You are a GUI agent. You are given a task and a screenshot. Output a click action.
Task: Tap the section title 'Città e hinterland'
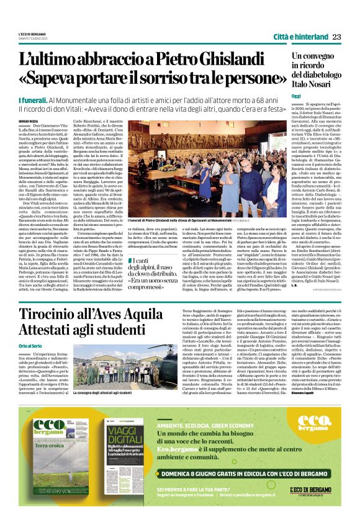tap(300, 36)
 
